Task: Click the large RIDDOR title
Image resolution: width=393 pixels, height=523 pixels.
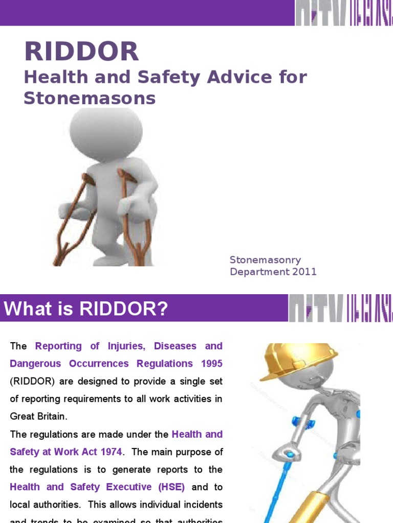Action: click(x=81, y=52)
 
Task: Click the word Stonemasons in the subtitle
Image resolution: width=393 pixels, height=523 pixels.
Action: click(x=90, y=98)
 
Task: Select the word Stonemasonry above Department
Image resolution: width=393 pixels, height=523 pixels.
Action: click(x=265, y=260)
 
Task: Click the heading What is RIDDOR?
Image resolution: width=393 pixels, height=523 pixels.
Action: click(x=86, y=309)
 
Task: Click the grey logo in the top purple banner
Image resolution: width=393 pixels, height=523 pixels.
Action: click(x=343, y=13)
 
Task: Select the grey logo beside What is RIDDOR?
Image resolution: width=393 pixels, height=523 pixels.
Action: click(x=340, y=308)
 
